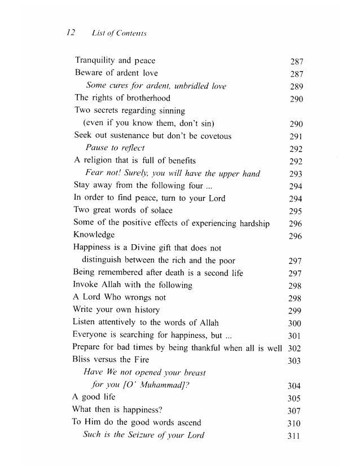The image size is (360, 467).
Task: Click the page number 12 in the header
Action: tap(72, 33)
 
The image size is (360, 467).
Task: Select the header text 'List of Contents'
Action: tap(118, 34)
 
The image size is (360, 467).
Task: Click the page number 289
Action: tap(297, 86)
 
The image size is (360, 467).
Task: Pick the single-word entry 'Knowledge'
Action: tap(94, 235)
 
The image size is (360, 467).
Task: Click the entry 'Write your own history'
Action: tap(116, 310)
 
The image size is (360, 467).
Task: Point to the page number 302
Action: tap(295, 348)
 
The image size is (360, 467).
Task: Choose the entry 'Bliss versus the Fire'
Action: tap(111, 359)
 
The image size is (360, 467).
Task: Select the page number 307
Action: tap(294, 411)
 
